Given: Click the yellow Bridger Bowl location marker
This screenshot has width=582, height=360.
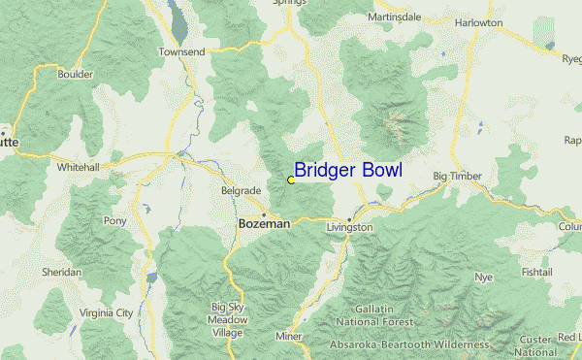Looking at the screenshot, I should pos(291,180).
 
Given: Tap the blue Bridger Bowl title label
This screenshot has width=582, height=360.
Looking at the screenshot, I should pos(347,171).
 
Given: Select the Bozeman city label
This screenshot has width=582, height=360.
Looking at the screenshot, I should pos(264,223).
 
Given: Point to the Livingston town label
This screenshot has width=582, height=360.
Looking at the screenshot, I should pos(349,227).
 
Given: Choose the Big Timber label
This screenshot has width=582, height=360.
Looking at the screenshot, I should pos(457,177).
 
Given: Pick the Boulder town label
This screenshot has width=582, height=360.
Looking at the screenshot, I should pos(75,74).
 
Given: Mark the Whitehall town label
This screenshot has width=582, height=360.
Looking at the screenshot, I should pos(79,167).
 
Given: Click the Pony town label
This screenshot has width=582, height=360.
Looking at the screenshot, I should pos(114,221).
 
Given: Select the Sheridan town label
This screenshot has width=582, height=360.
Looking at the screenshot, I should pos(61,273).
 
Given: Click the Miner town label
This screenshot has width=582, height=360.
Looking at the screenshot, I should pos(289,337).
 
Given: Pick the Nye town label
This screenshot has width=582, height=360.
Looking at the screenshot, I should pos(483,278).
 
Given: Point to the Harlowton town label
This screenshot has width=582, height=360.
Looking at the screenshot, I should pos(479,22).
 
